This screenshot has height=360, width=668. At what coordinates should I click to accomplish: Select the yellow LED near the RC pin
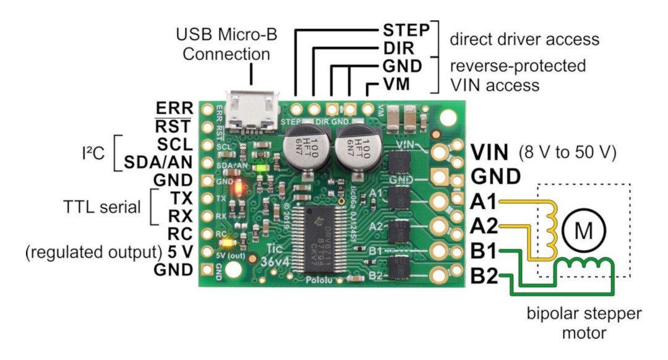pos(231,243)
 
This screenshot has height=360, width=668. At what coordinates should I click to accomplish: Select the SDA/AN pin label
pos(159,163)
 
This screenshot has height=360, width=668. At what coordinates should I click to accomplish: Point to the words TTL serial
pos(103,207)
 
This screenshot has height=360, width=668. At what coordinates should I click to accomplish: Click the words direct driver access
pos(525,40)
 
